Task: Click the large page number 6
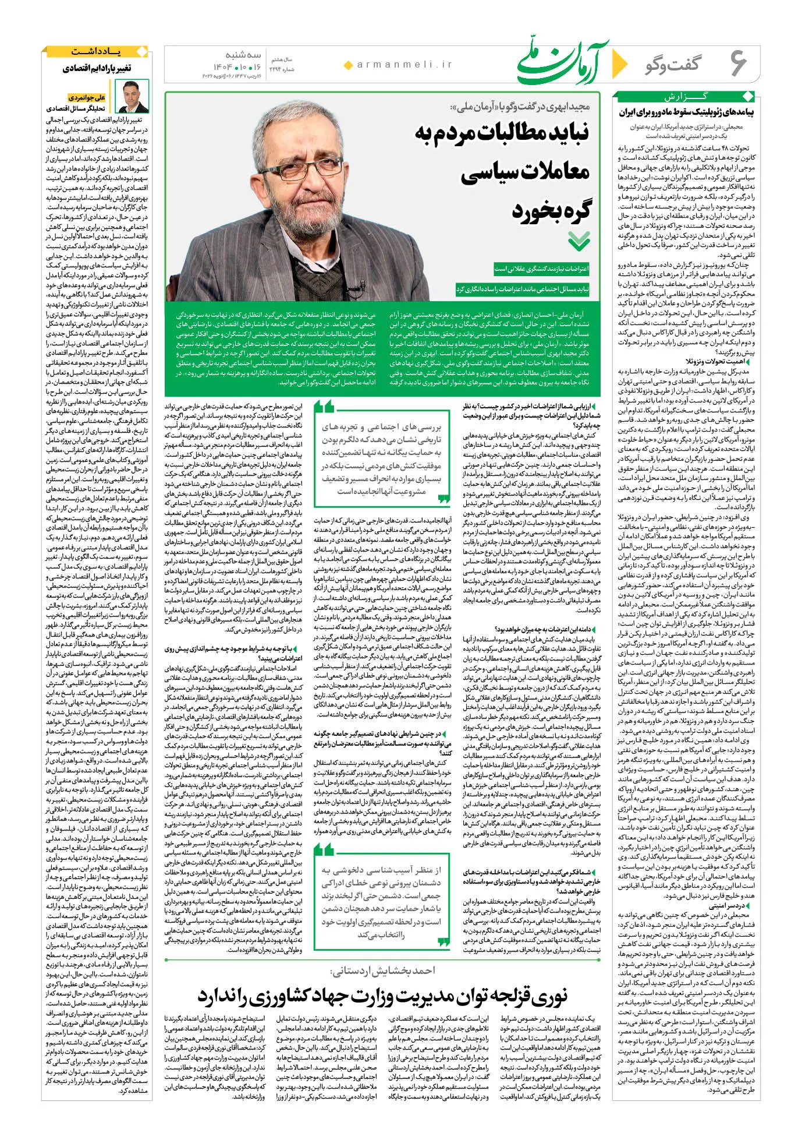point(738,62)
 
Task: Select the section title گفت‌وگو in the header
point(672,65)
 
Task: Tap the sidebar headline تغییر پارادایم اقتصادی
point(97,69)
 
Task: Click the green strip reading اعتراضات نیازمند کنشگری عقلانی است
point(541,269)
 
